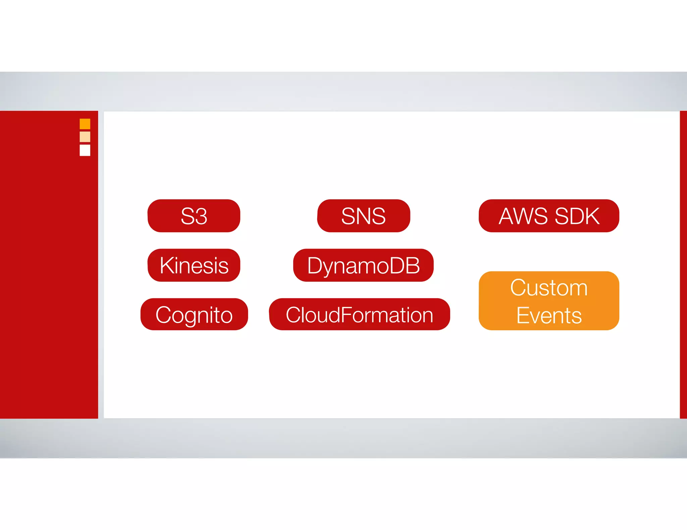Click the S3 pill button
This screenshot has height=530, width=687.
[194, 216]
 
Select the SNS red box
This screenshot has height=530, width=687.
[363, 216]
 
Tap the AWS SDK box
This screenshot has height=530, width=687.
[548, 216]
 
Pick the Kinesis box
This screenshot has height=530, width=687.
[194, 265]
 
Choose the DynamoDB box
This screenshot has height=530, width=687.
[363, 265]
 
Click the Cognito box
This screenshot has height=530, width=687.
[194, 314]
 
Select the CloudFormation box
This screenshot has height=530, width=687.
[359, 314]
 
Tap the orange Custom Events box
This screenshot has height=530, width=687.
[548, 301]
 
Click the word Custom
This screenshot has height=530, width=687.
[548, 287]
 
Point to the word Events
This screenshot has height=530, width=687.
[548, 316]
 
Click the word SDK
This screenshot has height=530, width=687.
[577, 216]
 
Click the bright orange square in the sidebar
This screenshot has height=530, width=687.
[85, 124]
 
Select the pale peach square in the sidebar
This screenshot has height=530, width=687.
[85, 137]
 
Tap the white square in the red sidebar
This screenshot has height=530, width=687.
[85, 150]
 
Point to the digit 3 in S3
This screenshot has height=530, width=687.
[201, 216]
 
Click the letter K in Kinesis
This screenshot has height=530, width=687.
[166, 265]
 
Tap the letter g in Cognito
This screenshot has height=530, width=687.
[190, 317]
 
